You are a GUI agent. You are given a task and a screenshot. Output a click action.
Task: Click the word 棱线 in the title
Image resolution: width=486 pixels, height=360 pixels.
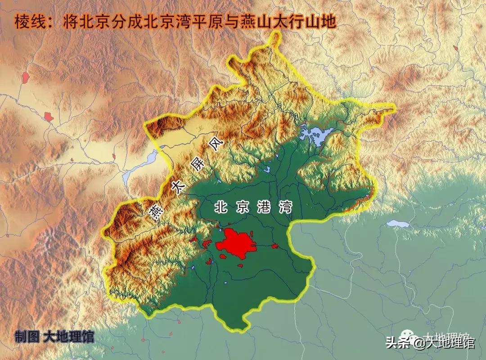pos(30,22)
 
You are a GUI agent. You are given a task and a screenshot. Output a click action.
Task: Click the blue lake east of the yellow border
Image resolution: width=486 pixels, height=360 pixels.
pos(398,223)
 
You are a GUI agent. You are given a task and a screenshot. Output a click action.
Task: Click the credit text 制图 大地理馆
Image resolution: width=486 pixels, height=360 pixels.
pos(54,337)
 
